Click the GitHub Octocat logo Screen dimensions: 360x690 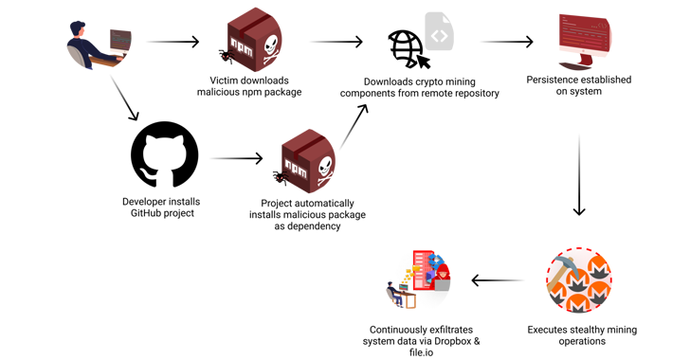pyautogui.click(x=164, y=155)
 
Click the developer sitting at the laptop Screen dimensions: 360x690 pyautogui.click(x=99, y=44)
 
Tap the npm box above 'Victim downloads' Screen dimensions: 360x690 pyautogui.click(x=251, y=40)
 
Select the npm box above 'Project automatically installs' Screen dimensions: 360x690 pyautogui.click(x=305, y=162)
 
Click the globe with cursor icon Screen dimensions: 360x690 pyautogui.click(x=408, y=48)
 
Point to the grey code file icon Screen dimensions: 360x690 pyautogui.click(x=439, y=32)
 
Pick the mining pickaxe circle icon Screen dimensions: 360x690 pyautogui.click(x=578, y=281)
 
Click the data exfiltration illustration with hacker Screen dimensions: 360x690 pyautogui.click(x=419, y=279)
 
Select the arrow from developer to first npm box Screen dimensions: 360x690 pyautogui.click(x=173, y=42)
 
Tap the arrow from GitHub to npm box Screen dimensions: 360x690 pyautogui.click(x=236, y=158)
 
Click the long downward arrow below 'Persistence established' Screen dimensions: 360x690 pyautogui.click(x=579, y=175)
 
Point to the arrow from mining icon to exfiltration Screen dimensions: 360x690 pyautogui.click(x=497, y=280)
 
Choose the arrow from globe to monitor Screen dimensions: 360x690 pyautogui.click(x=507, y=42)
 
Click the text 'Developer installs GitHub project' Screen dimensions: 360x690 pyautogui.click(x=161, y=207)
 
